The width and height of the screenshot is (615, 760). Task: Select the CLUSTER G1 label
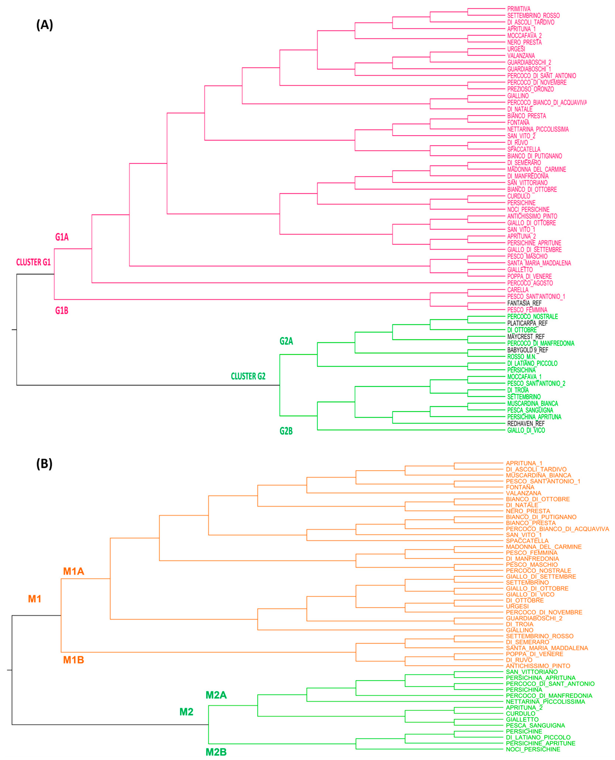point(34,262)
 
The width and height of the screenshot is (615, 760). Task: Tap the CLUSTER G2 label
point(248,376)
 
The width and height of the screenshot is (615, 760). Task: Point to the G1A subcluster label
point(62,237)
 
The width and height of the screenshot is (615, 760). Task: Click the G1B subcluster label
point(62,311)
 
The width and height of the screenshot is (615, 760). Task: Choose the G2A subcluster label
point(286,341)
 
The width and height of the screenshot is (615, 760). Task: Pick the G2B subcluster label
point(286,431)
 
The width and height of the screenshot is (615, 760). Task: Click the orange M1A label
point(74,571)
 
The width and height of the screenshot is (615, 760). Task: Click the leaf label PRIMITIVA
point(519,9)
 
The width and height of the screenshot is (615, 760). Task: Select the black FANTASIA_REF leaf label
point(524,303)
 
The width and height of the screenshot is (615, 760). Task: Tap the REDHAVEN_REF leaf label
point(526,423)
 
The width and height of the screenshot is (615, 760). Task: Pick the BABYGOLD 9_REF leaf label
point(527,350)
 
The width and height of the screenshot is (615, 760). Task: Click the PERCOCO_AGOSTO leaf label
point(530,283)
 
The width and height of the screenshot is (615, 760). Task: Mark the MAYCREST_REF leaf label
point(526,337)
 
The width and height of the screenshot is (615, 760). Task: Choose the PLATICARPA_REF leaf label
point(527,323)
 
